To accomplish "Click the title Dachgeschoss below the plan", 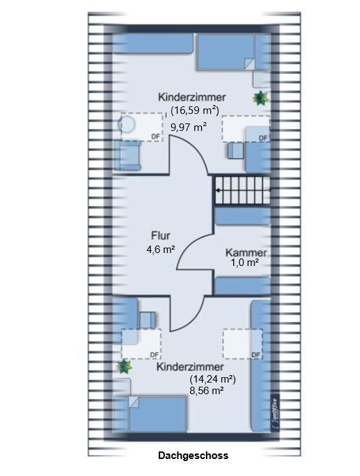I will [193, 456].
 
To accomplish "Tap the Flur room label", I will [160, 237].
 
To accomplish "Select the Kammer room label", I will [247, 252].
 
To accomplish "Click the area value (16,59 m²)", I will [194, 110].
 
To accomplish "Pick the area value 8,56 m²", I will [206, 391].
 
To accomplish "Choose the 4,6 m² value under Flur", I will [160, 250].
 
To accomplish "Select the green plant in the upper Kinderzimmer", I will [259, 99].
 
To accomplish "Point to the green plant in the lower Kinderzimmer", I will [123, 368].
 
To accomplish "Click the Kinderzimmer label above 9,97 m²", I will [192, 97].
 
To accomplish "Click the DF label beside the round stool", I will [155, 136].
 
